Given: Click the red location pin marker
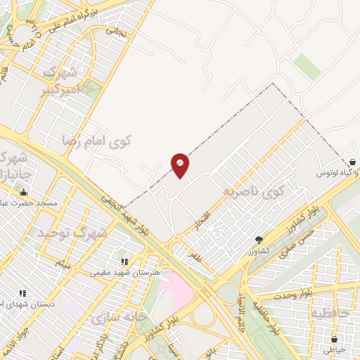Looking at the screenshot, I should (x=180, y=165).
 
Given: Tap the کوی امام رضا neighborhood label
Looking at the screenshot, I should (x=97, y=140).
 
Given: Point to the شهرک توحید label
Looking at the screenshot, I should (x=72, y=231).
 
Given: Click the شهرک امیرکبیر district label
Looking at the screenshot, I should (x=59, y=82).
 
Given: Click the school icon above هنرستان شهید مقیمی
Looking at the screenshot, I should (x=125, y=262).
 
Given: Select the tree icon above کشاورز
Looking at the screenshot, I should (x=259, y=240).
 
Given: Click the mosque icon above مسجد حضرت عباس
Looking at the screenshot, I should (x=24, y=193).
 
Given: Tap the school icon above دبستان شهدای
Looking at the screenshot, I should (x=22, y=293).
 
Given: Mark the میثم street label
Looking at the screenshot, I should (x=63, y=265).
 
